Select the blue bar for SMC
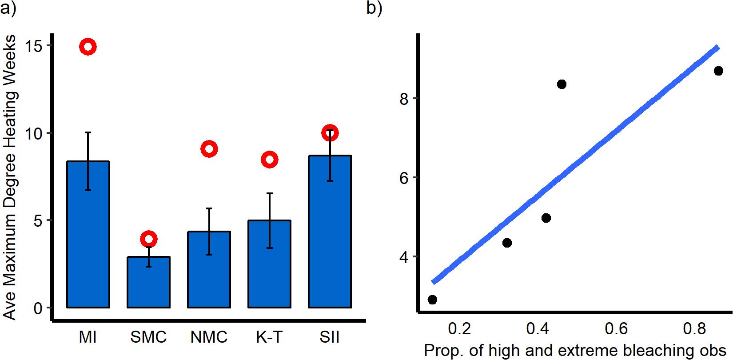148,282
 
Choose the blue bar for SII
330,231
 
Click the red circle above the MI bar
88,47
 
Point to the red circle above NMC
209,149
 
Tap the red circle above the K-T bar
269,160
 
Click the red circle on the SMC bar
148,239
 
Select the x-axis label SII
330,337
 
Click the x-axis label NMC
209,337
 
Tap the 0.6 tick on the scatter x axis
617,329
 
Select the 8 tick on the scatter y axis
404,99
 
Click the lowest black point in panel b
432,300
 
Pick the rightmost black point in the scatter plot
718,71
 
